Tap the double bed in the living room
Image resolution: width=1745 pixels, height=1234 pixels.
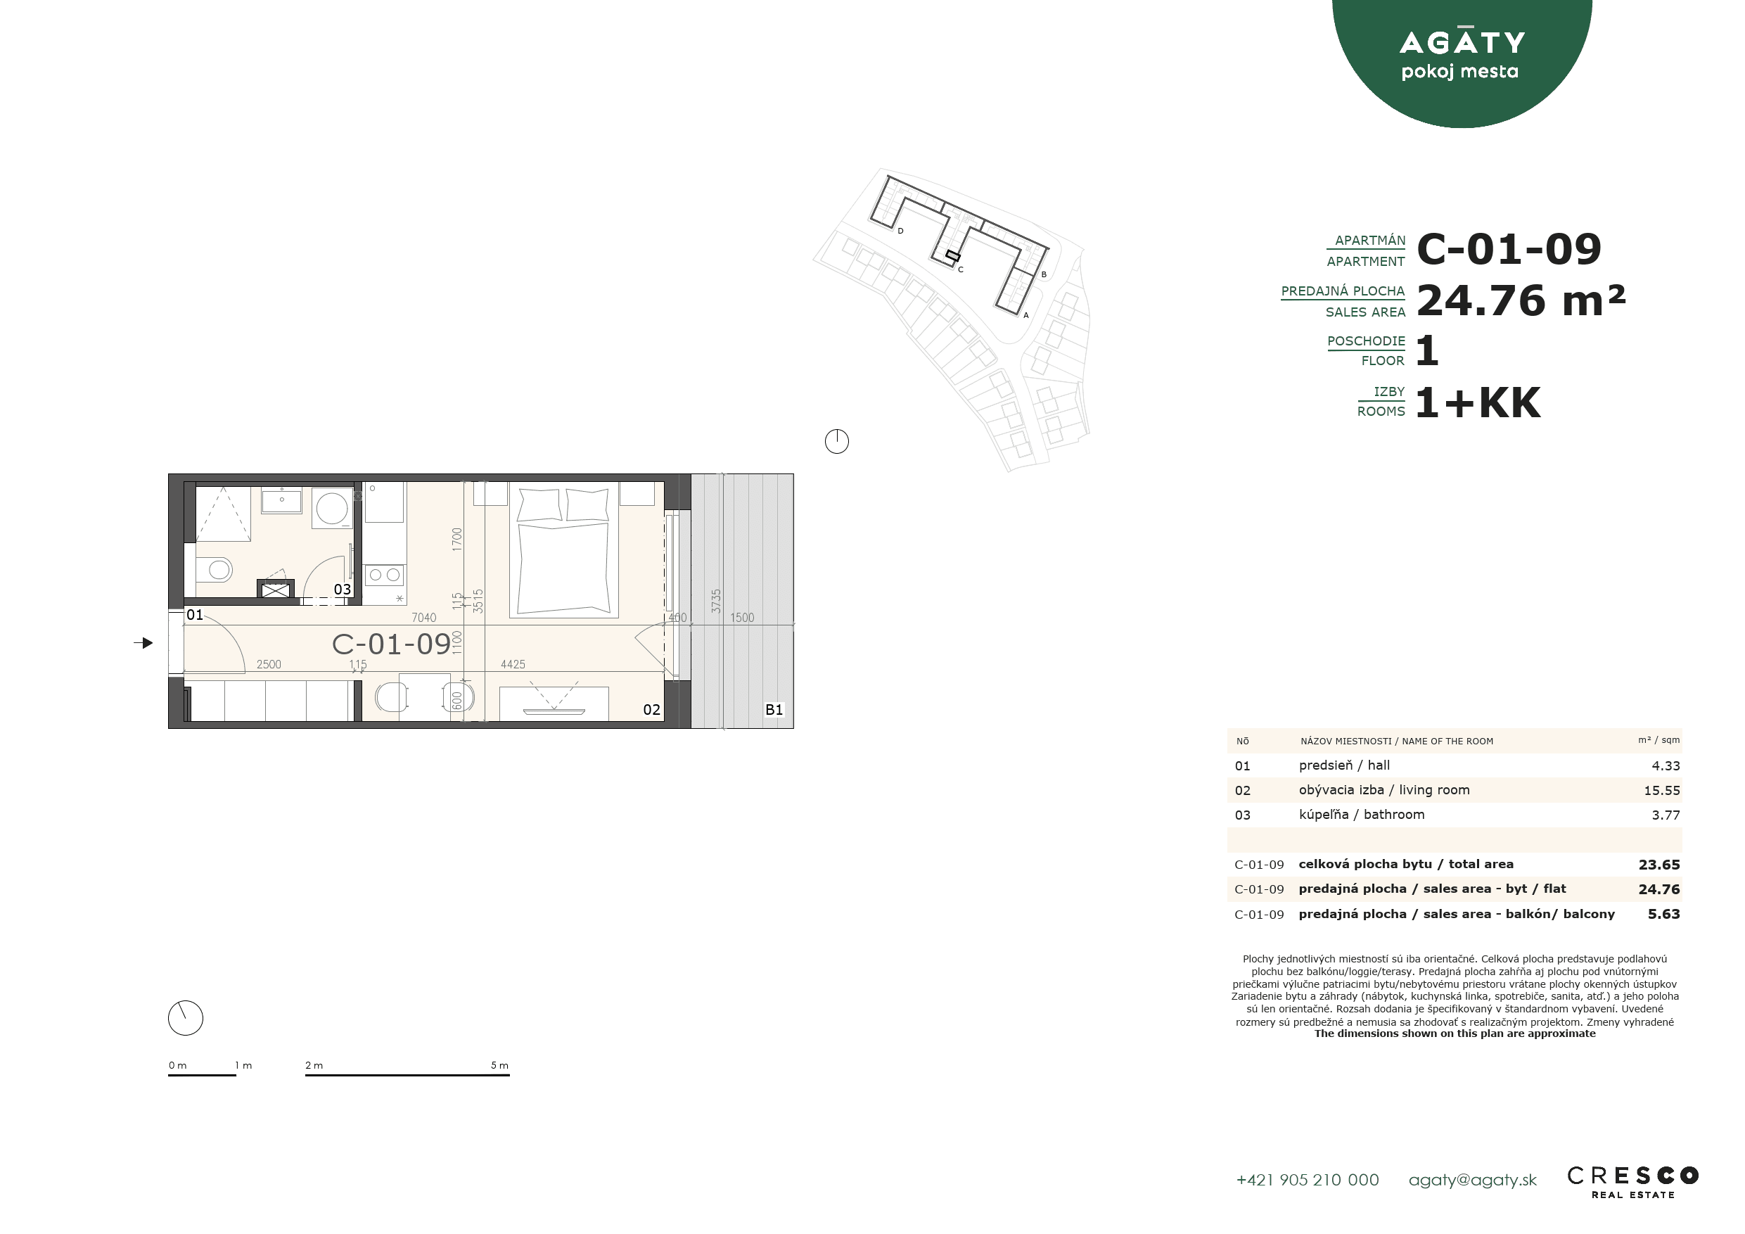click(x=563, y=549)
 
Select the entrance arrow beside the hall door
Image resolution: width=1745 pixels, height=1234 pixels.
click(x=143, y=643)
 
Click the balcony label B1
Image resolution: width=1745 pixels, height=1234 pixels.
click(x=774, y=709)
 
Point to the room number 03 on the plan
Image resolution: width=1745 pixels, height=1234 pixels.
click(x=342, y=590)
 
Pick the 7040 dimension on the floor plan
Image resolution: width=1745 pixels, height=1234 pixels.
click(x=424, y=618)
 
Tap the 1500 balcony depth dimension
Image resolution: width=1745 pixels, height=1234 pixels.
click(x=743, y=618)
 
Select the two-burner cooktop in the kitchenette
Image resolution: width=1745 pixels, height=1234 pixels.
click(x=385, y=575)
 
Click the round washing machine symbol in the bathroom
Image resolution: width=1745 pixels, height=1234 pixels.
click(x=332, y=508)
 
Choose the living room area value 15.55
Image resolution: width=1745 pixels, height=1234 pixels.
click(x=1661, y=791)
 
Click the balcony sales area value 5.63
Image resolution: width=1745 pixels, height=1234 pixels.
click(x=1663, y=914)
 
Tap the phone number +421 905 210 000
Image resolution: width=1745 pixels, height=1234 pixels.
click(x=1308, y=1180)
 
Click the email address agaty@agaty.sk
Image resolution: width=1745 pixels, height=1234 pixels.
click(x=1472, y=1180)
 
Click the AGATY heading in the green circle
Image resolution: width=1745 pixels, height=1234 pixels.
click(x=1462, y=42)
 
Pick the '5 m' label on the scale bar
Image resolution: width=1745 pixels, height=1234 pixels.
click(x=499, y=1065)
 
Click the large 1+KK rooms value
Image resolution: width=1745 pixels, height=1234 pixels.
click(x=1478, y=402)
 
